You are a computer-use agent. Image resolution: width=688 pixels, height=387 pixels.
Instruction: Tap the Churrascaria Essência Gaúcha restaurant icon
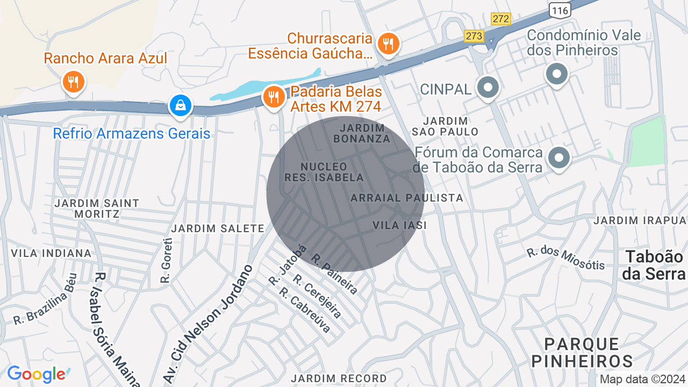pos(387,44)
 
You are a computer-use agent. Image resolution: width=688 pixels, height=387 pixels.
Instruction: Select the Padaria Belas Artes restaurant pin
pos(274,97)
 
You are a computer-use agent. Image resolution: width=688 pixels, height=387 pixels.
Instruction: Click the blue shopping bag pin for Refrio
pos(181,105)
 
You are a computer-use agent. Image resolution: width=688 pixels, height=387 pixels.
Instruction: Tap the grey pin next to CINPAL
pos(488,88)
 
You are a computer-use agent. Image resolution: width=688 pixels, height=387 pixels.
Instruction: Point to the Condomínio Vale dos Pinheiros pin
pos(557,74)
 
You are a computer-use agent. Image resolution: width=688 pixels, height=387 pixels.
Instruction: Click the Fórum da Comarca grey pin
pos(559,158)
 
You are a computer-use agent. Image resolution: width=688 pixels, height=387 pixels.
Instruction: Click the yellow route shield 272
pos(500,19)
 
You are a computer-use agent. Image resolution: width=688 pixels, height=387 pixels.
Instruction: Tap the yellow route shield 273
pos(474,36)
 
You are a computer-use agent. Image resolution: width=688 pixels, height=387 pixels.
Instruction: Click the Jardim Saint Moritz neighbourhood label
pos(97,209)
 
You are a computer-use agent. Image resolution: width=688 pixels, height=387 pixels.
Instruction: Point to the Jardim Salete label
pos(218,228)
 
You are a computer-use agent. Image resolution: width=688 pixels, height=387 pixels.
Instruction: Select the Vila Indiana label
pos(52,253)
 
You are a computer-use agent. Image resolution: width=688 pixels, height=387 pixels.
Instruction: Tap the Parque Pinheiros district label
pos(582,352)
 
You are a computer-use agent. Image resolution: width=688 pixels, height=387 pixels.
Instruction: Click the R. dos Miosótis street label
pos(565,259)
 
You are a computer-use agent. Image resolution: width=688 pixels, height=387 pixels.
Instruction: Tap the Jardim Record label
pos(339,378)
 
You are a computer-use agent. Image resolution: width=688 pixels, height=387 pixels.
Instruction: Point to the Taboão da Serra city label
pos(654,265)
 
